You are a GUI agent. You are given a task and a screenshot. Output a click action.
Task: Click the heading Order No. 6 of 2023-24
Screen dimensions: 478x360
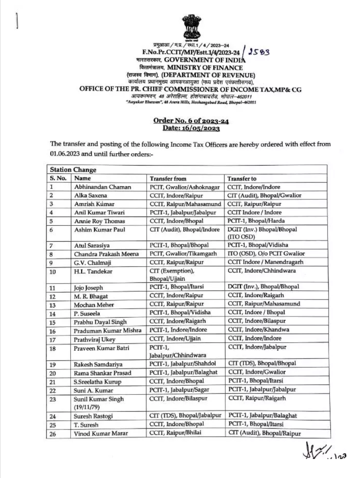point(191,121)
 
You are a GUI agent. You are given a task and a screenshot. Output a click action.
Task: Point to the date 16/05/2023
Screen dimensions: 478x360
point(191,128)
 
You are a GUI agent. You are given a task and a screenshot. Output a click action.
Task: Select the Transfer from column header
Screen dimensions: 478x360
point(168,179)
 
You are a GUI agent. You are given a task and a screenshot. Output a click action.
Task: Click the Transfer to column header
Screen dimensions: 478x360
point(242,179)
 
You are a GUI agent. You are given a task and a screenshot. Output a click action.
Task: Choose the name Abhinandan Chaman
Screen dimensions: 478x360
point(102,187)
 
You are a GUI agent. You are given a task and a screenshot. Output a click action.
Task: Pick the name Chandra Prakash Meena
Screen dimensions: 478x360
point(106,254)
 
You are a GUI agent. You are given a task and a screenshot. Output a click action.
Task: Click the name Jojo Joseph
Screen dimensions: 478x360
point(88,288)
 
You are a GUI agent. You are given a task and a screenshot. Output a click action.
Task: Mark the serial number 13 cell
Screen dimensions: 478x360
point(53,305)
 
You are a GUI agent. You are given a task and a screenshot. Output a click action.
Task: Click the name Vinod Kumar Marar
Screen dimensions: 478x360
point(101,434)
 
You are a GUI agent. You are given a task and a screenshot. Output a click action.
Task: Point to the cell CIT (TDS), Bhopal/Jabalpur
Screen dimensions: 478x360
point(185,416)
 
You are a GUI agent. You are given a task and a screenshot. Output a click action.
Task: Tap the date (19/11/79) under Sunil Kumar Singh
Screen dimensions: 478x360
point(87,407)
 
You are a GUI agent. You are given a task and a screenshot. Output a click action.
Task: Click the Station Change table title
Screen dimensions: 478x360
point(73,170)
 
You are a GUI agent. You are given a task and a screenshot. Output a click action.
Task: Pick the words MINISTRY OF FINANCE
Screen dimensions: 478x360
point(205,67)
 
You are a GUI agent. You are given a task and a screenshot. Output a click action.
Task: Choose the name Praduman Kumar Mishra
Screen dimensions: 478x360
point(107,330)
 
